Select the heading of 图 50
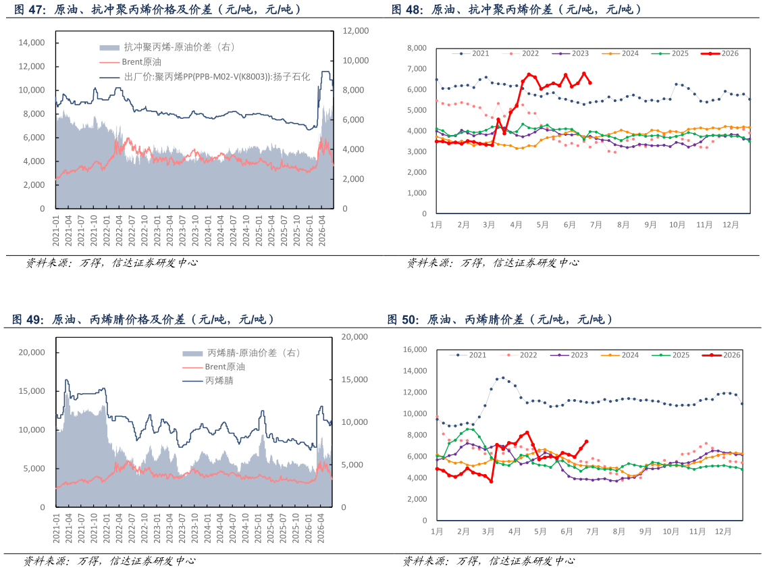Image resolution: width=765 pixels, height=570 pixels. (500, 319)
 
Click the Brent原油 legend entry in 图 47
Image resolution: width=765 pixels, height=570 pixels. (130, 62)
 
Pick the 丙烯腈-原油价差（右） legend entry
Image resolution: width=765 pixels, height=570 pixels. (241, 353)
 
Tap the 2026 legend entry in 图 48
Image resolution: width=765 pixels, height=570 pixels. (720, 53)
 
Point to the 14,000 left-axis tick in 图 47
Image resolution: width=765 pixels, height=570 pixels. (32, 43)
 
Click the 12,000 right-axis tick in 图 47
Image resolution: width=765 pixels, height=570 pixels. (356, 31)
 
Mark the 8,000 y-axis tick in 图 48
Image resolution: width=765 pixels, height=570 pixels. (417, 48)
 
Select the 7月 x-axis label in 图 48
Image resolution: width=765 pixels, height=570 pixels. (596, 224)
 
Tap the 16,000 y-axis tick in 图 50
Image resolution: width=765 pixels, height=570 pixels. (415, 349)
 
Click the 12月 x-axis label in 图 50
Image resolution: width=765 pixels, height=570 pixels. (723, 532)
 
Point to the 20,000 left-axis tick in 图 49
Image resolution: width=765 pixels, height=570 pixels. (32, 353)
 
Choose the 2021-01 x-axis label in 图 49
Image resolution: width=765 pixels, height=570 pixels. (56, 528)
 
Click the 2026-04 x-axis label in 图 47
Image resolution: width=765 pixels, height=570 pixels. (322, 230)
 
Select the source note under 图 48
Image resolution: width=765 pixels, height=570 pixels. (493, 263)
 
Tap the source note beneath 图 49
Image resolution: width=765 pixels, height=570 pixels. (109, 561)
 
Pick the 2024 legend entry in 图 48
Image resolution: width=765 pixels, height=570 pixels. (620, 53)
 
